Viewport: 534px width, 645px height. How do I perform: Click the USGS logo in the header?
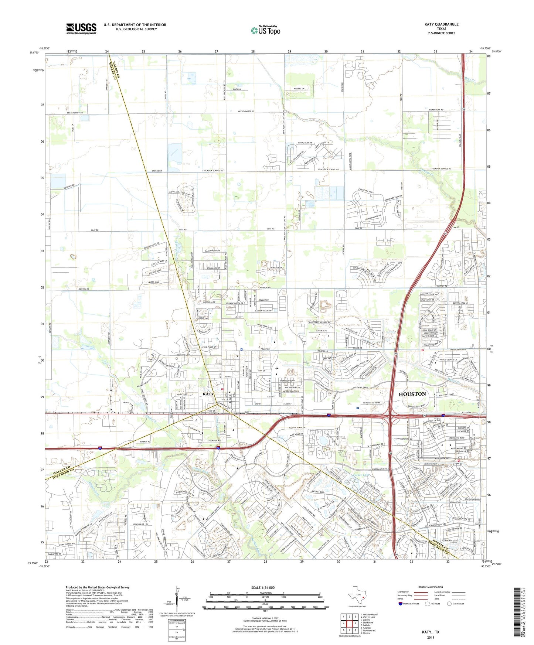point(81,28)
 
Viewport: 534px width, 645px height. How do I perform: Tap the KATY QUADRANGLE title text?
point(441,24)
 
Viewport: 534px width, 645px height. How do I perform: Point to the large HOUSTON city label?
point(412,394)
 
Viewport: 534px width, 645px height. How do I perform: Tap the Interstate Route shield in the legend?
point(401,604)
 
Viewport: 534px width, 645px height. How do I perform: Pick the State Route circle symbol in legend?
point(449,604)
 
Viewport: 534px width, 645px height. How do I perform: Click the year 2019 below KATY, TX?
point(431,637)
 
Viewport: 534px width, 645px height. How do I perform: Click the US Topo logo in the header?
point(266,30)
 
